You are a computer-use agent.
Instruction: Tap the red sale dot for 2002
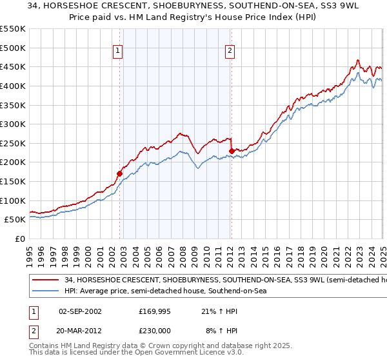coord(119,173)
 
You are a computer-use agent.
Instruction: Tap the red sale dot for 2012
coord(232,151)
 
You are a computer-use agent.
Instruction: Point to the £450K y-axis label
coord(13,66)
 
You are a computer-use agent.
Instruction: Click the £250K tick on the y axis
coord(13,143)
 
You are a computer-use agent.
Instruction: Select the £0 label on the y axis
coord(20,239)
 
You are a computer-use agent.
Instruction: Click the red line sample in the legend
coord(46,280)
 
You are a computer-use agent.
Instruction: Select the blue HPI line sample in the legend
coord(46,291)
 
